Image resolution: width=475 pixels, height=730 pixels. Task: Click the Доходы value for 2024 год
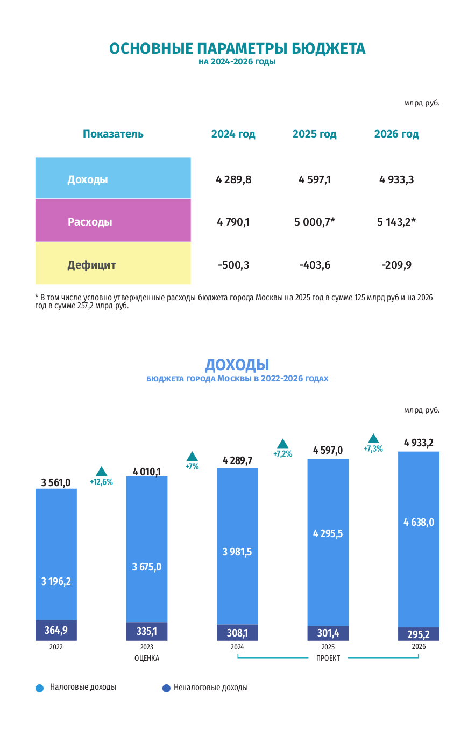(233, 179)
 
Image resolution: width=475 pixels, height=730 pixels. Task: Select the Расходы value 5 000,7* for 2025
(315, 222)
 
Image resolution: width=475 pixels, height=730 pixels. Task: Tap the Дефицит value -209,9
(396, 265)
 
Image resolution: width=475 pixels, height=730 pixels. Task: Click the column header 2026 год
(396, 134)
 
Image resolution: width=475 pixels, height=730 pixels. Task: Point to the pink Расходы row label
(90, 221)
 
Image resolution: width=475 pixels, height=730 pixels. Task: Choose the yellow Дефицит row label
(91, 265)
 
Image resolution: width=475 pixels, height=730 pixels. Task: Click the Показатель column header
(113, 134)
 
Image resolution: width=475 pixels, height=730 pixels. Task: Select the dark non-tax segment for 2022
(56, 630)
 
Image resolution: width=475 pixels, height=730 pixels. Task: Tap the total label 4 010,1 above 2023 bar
(147, 472)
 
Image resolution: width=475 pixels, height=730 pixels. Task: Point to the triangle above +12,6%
(101, 471)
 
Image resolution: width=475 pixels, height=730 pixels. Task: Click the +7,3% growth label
(373, 449)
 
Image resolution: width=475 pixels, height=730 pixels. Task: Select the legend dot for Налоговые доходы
(39, 688)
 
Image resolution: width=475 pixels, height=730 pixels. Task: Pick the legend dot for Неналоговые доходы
(166, 688)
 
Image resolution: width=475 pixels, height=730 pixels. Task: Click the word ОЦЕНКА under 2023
(147, 658)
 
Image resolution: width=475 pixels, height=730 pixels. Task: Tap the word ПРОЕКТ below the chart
(328, 658)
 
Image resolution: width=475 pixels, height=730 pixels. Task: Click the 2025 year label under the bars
(328, 647)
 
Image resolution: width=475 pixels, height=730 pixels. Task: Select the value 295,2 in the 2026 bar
(419, 634)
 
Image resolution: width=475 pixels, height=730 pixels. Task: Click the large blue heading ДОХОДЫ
(237, 365)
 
